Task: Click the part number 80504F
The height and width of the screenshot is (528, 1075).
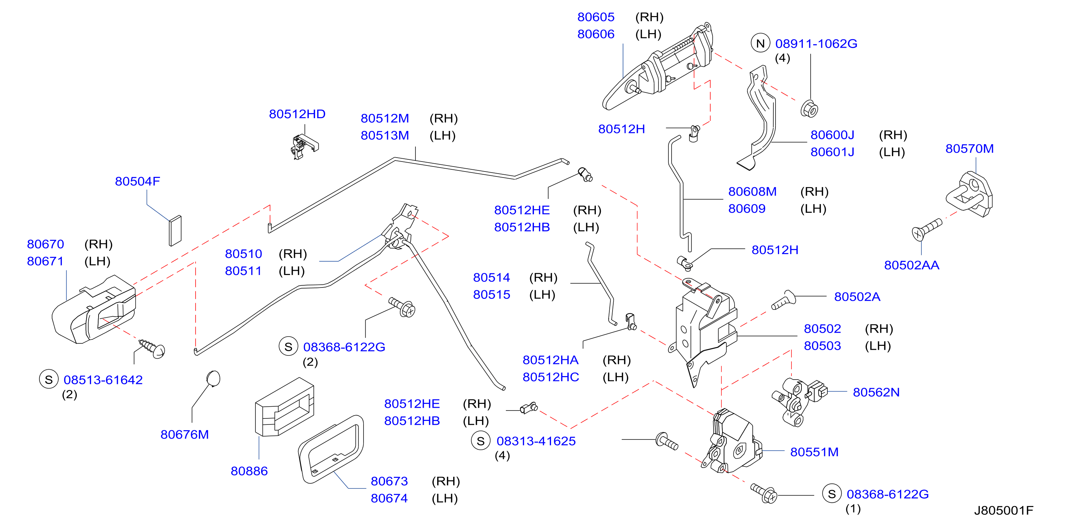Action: pos(137,181)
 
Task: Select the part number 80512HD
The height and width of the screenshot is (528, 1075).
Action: pos(297,114)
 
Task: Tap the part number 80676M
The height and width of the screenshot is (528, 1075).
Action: pos(185,434)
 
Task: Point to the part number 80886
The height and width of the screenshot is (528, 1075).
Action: pos(249,471)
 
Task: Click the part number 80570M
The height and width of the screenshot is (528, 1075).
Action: pos(969,149)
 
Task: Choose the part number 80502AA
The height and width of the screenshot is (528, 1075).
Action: pos(912,265)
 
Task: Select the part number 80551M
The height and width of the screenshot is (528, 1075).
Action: pos(814,452)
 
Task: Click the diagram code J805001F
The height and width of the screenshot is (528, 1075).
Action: pos(1003,510)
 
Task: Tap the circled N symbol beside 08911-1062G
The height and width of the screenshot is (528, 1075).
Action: pos(760,43)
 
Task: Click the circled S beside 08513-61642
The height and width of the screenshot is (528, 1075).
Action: pos(49,379)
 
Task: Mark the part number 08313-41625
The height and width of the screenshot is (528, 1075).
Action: pos(536,441)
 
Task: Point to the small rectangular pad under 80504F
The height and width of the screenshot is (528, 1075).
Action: pos(175,231)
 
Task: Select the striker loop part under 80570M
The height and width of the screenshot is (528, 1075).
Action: pos(969,195)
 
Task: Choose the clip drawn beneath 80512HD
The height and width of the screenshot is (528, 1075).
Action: pos(304,147)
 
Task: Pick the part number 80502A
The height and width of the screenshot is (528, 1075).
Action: pos(857,297)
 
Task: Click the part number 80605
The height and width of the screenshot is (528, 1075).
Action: pos(596,17)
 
